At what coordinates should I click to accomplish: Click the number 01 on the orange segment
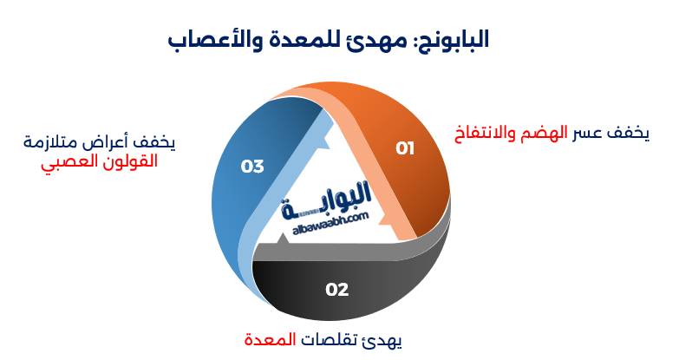(x=405, y=148)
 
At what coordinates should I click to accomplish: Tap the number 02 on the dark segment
(x=337, y=289)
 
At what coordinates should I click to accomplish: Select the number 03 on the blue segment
(x=252, y=166)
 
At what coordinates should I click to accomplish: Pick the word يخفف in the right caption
(x=629, y=133)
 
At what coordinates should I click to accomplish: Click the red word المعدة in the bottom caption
(x=269, y=337)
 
